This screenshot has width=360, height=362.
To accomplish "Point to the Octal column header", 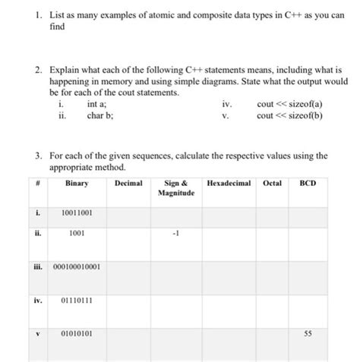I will click(271, 183).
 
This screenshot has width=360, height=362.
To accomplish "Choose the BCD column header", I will click(308, 183).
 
